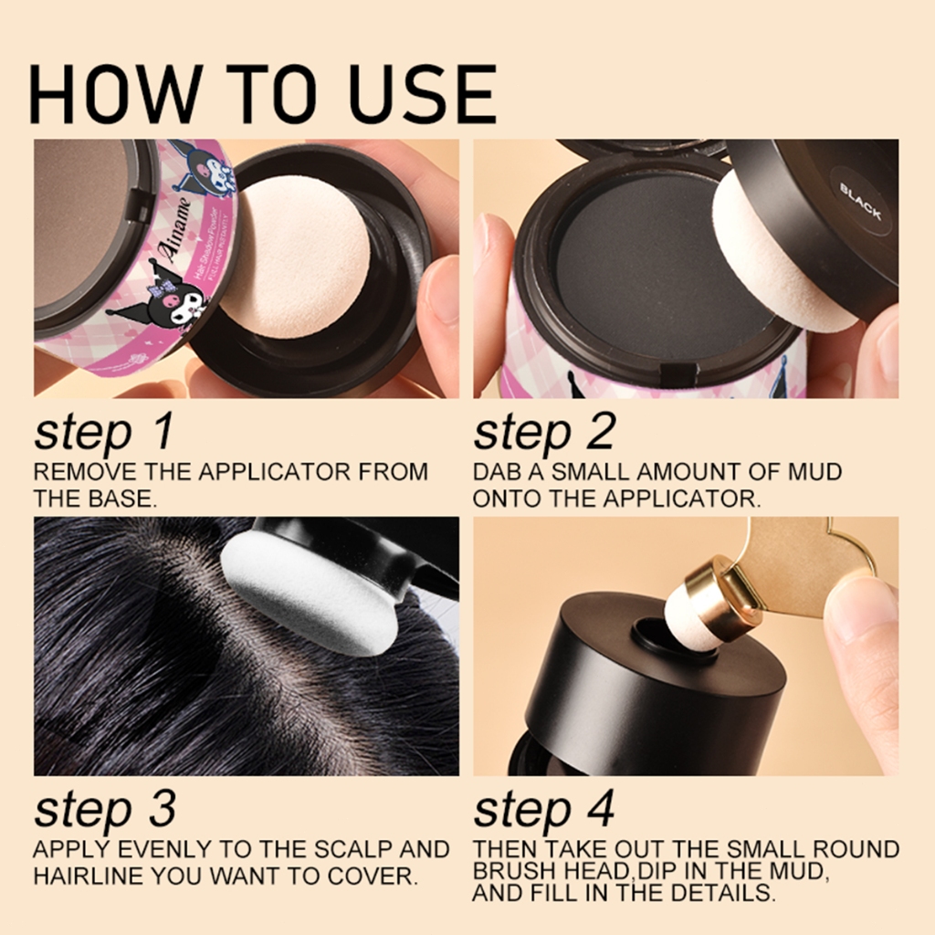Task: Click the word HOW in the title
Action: pos(113,94)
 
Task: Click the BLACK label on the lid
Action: pos(860,202)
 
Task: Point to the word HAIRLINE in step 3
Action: pos(89,876)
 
